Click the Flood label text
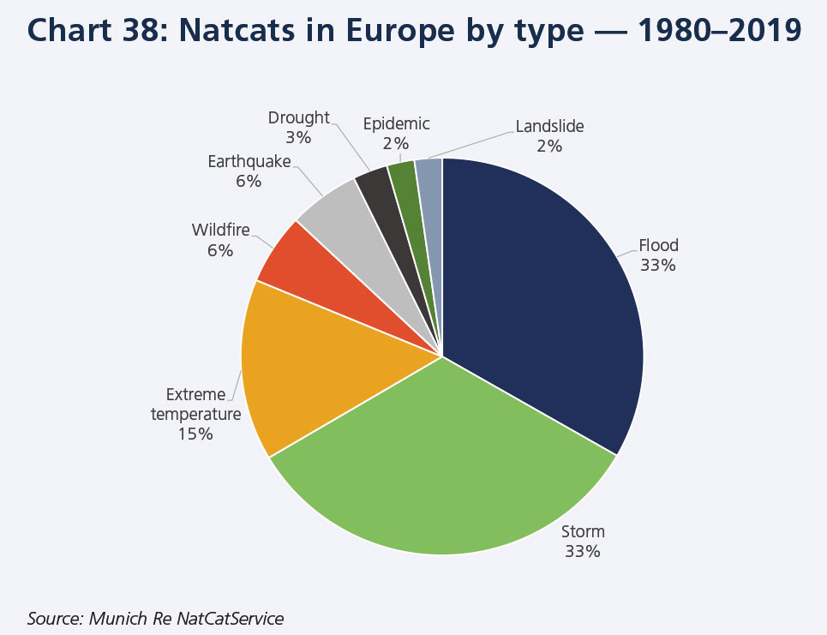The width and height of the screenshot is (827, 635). [658, 247]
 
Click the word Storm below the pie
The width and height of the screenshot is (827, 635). [582, 532]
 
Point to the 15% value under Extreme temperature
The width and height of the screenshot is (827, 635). [195, 434]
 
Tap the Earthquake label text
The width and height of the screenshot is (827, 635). [249, 162]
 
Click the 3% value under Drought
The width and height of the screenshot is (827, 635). [299, 137]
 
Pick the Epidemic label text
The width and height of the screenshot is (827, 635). [396, 124]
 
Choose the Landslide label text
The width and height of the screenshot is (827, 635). [549, 127]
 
